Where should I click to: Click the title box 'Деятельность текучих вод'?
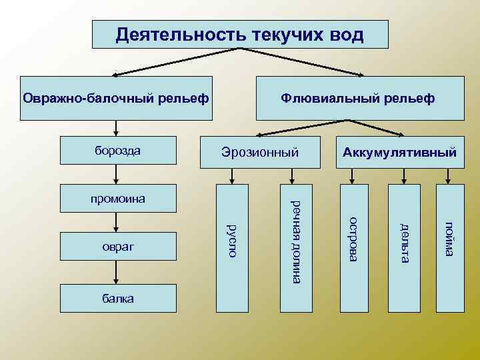point(239,34)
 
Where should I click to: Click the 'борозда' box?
point(118,151)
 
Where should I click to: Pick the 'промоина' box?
point(118,198)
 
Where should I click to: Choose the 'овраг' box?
point(118,247)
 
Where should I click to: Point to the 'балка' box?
point(118,298)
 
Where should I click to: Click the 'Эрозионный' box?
point(260,153)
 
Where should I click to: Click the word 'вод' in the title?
point(345,34)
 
